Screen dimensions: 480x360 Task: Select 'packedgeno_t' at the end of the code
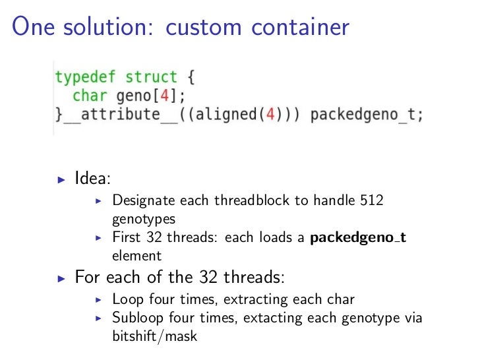tap(367, 115)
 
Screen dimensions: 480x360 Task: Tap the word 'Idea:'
tap(92, 179)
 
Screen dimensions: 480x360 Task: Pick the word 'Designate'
tap(140, 200)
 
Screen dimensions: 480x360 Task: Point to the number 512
tap(371, 200)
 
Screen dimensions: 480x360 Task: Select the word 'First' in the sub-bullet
tap(127, 237)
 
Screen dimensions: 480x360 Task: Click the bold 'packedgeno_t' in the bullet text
tap(359, 237)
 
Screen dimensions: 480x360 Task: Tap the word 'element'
tap(136, 255)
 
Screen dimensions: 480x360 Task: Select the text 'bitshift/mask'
tap(154, 336)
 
